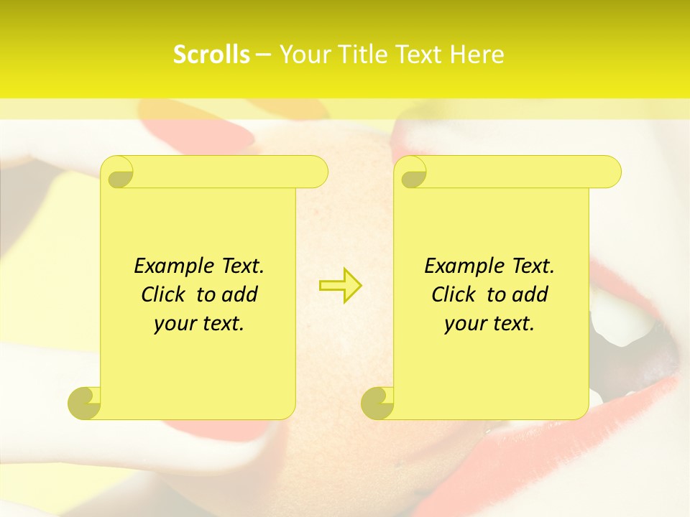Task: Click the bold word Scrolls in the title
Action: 211,55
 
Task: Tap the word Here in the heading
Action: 477,55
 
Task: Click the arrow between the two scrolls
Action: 340,286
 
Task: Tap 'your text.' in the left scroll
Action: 199,323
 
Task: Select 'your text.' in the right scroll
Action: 489,323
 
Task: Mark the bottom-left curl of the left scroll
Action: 85,402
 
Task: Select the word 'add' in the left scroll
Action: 240,294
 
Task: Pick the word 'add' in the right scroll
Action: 530,294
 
